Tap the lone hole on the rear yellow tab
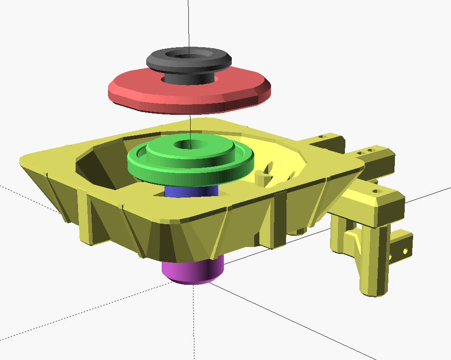321,137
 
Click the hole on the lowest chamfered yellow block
377,191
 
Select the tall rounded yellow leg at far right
374,261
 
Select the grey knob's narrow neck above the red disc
187,77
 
